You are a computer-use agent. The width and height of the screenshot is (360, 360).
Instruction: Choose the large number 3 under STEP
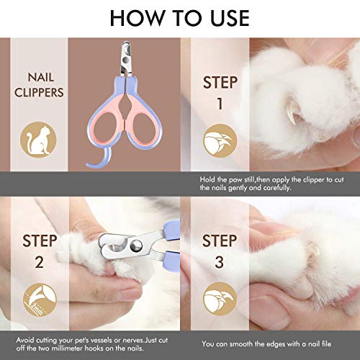[x=219, y=263]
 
